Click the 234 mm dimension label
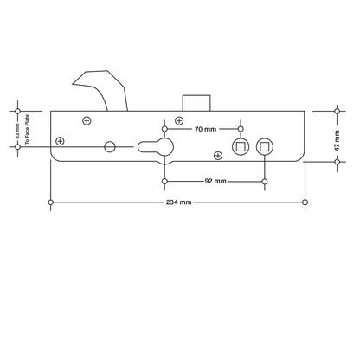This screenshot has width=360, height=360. (179, 202)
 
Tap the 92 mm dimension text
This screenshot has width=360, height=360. (215, 182)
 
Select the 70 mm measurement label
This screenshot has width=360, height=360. (204, 128)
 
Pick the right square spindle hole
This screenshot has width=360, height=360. (264, 146)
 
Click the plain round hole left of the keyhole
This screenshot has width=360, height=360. (110, 147)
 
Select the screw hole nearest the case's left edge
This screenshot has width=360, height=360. (60, 140)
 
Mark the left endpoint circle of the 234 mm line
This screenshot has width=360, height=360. (52, 202)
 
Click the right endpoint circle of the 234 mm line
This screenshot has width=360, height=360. (305, 202)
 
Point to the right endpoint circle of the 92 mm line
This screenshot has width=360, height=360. (264, 182)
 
